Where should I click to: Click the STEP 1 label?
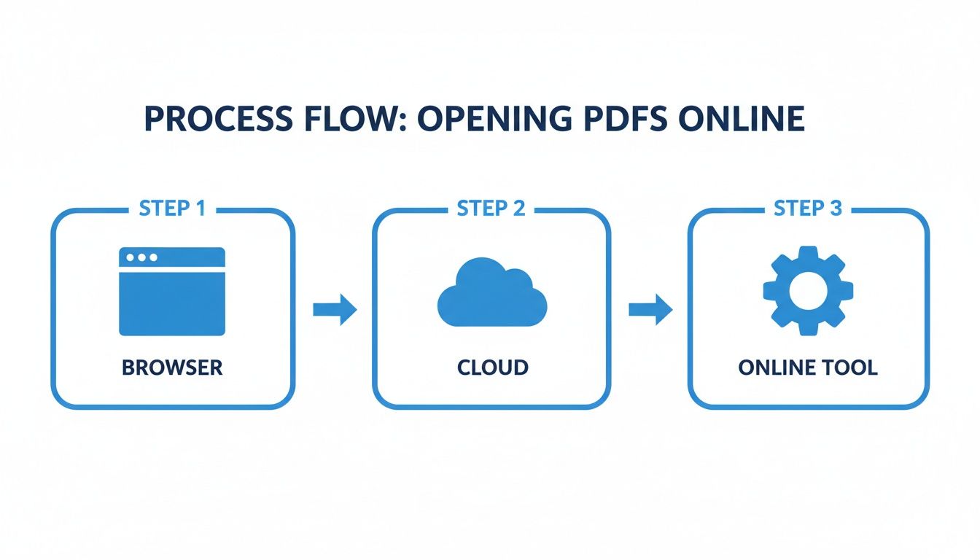coord(172,209)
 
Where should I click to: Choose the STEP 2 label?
coord(491,209)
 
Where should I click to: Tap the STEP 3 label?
coord(808,209)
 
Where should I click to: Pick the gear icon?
coord(808,291)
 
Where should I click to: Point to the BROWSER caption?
coord(172,367)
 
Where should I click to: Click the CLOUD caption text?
coord(492,367)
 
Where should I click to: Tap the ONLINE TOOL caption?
coord(808,367)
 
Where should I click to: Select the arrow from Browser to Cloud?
coord(335,310)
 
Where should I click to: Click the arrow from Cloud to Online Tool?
coord(650,310)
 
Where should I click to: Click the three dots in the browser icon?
coord(141,257)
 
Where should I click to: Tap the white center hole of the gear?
coord(808,291)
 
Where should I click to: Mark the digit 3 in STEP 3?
coord(835,209)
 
